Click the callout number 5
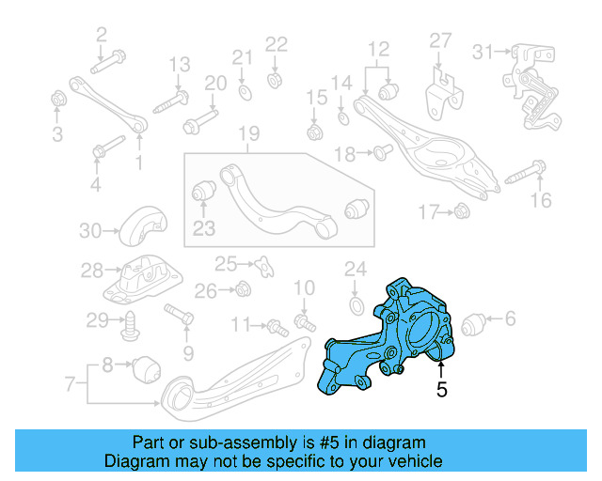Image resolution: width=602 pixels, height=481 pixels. (441, 389)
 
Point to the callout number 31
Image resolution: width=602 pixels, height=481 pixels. (483, 50)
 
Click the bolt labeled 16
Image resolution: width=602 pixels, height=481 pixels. (527, 173)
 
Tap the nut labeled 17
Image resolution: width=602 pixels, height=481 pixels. (461, 212)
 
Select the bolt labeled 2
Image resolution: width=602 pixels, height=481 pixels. (106, 65)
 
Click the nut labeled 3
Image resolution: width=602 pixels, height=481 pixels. (57, 98)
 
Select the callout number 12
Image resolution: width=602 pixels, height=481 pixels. (377, 49)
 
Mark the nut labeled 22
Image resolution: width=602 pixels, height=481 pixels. (276, 78)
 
